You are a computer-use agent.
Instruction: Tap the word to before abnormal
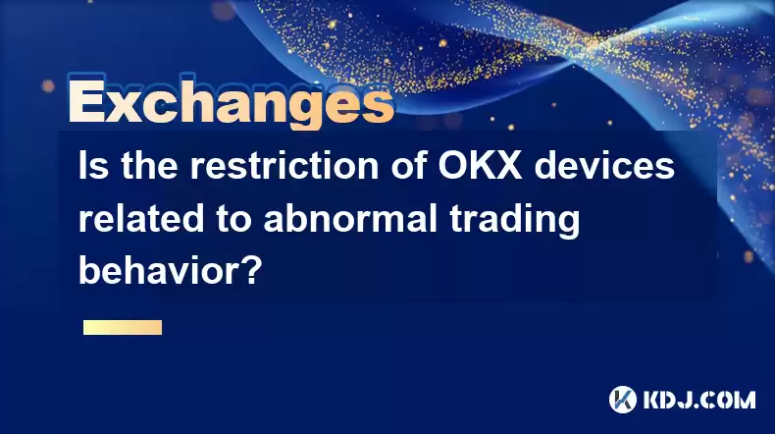[x=233, y=219]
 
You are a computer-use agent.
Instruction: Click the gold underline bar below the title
[x=123, y=327]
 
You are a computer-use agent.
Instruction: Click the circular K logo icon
[x=622, y=400]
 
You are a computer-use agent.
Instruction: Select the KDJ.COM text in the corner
[x=698, y=400]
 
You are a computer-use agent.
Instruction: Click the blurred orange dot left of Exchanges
[x=48, y=86]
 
